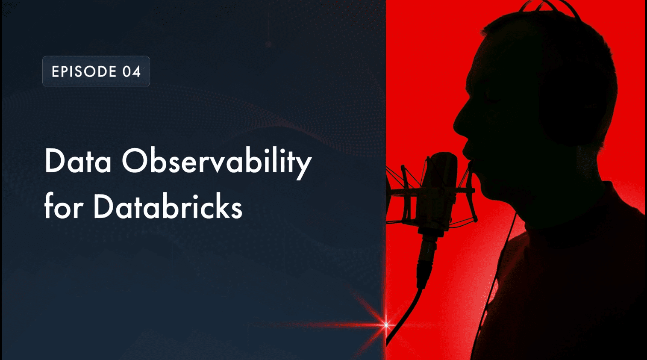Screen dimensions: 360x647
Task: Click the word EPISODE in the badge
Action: point(84,71)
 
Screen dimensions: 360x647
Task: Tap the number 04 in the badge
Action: point(132,71)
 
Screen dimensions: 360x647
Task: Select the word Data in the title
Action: point(78,162)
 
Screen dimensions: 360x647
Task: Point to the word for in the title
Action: point(64,207)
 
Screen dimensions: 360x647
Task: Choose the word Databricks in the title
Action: point(168,207)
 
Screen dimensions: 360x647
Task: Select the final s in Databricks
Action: point(237,210)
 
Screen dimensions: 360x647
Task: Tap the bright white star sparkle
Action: point(386,325)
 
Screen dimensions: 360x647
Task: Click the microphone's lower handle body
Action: point(427,252)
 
